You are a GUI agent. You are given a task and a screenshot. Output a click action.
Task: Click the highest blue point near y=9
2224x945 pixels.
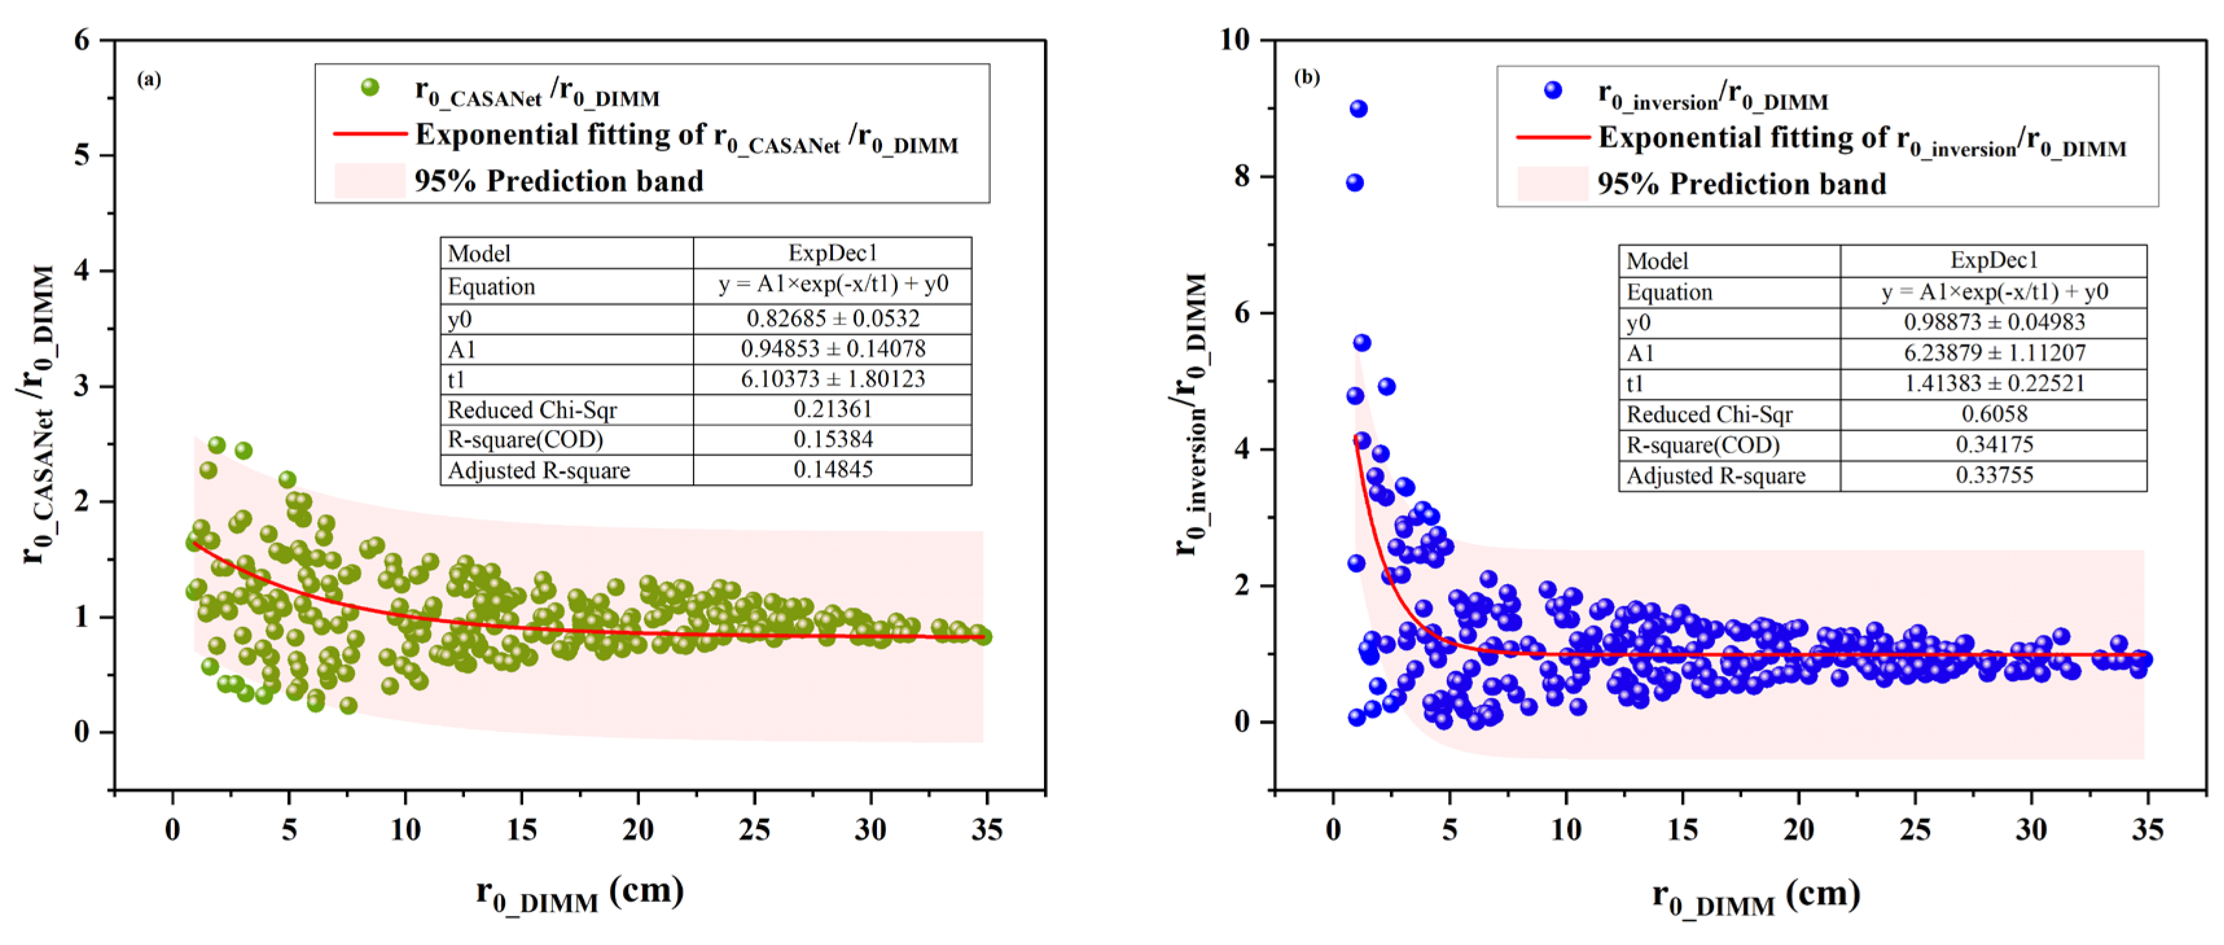point(1358,109)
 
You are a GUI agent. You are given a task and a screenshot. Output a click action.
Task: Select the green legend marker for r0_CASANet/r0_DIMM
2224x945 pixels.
point(370,87)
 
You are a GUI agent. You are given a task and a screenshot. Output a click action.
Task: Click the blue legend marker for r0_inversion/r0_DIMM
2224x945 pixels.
point(1552,90)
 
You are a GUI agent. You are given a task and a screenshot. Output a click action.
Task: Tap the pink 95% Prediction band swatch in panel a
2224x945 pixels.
point(370,181)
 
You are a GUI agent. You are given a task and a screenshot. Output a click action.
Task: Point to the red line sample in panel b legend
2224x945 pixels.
point(1552,137)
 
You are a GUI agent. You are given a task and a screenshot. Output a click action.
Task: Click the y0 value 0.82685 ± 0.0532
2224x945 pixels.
point(832,319)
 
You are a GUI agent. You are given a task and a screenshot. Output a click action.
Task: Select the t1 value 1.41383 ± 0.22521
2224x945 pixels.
point(1993,384)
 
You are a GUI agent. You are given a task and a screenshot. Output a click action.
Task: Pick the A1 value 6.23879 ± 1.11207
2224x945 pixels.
point(1993,353)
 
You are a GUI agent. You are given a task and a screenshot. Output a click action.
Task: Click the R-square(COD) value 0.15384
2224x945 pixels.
point(832,439)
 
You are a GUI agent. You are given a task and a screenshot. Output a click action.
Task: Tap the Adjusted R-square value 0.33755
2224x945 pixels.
point(1993,475)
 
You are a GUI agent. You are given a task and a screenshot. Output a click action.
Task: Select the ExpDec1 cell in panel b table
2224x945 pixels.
point(1993,260)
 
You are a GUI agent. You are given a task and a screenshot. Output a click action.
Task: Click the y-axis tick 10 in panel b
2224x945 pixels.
point(1234,40)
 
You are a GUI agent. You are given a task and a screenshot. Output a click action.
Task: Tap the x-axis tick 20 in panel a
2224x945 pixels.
point(637,830)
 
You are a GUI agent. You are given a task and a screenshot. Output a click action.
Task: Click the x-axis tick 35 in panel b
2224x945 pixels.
point(2146,830)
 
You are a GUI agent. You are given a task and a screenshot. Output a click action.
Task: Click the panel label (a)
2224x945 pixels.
point(148,80)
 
